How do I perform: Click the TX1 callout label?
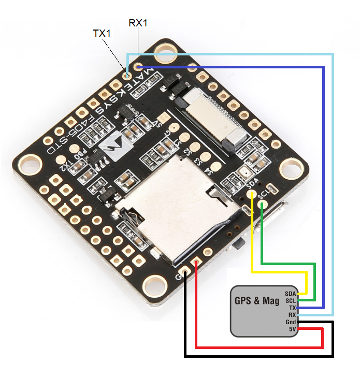(x=102, y=34)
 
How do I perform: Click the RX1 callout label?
(x=138, y=23)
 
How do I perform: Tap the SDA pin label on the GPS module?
(x=290, y=294)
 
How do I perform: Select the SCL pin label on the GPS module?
(x=290, y=301)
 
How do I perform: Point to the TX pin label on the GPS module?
(x=292, y=308)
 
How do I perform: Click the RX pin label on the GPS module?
(x=292, y=315)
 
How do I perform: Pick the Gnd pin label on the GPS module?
(x=291, y=322)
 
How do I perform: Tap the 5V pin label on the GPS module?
(x=292, y=329)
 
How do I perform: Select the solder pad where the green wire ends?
(x=264, y=205)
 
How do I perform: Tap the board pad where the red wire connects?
(x=197, y=264)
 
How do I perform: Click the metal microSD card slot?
(x=176, y=207)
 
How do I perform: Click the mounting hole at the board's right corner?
(x=287, y=170)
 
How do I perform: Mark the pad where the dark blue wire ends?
(x=138, y=66)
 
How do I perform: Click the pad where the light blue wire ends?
(x=127, y=75)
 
